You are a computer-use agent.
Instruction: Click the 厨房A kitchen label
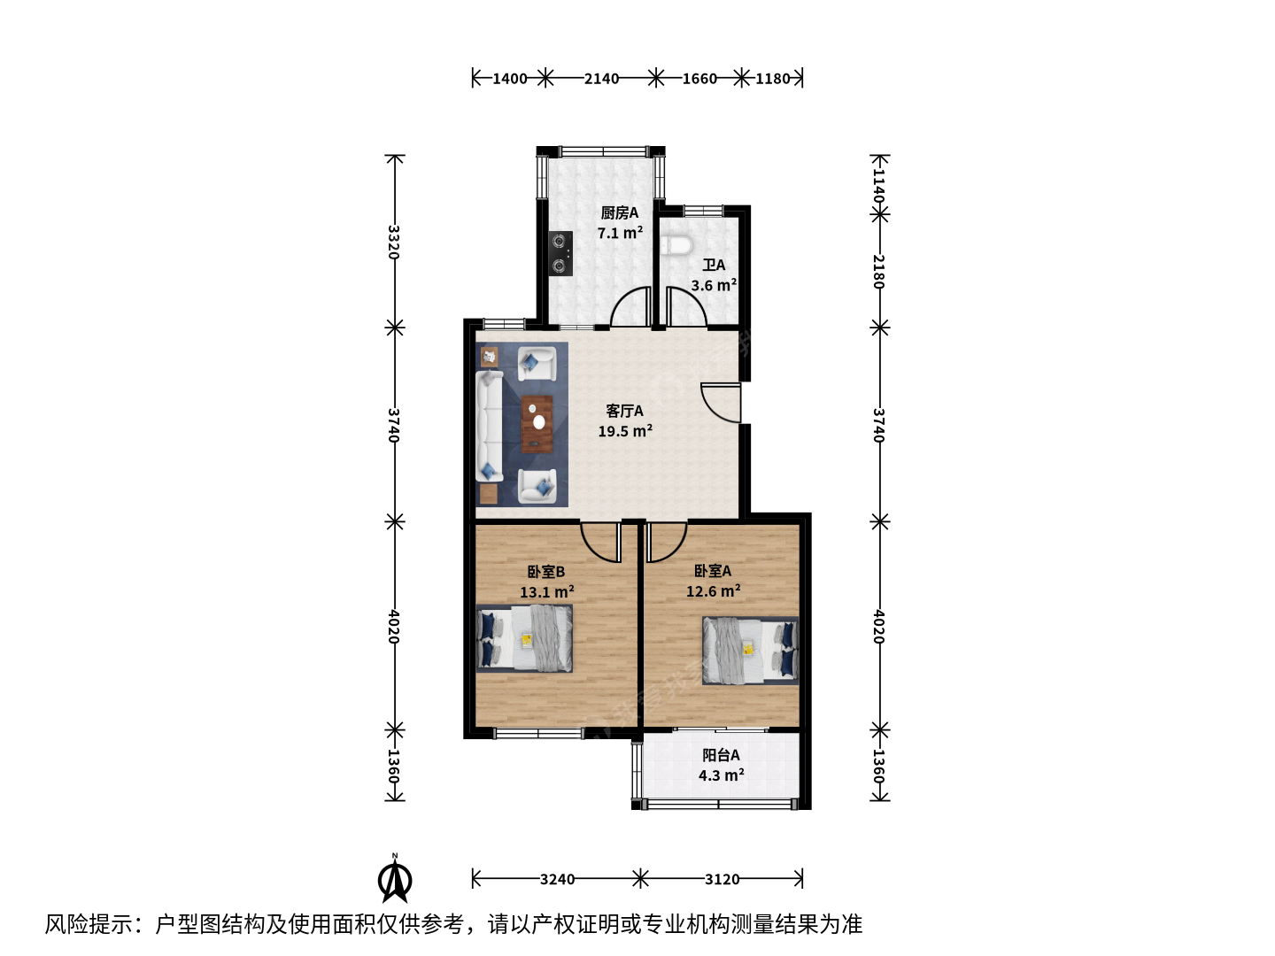[619, 213]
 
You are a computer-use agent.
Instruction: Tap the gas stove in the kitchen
[560, 253]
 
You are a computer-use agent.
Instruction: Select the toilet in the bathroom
[676, 245]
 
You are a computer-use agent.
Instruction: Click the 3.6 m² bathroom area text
[714, 285]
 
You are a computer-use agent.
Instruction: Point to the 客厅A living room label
[624, 411]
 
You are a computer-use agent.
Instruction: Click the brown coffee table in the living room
[537, 424]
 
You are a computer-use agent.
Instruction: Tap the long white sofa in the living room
[490, 426]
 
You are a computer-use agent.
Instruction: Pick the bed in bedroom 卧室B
[524, 638]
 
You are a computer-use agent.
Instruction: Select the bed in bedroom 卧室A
[751, 650]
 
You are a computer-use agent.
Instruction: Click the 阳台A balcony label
[721, 754]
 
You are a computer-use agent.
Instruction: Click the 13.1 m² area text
[546, 592]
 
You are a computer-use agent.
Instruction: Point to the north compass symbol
[395, 879]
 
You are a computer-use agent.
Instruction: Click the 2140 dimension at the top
[601, 79]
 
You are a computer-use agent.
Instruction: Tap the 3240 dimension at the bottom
[557, 879]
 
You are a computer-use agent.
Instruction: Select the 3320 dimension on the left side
[394, 242]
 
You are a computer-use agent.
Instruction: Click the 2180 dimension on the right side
[879, 271]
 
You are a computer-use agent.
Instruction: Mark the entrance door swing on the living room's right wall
[721, 403]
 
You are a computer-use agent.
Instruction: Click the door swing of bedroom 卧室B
[600, 542]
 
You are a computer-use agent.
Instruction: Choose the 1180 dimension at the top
[773, 79]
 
